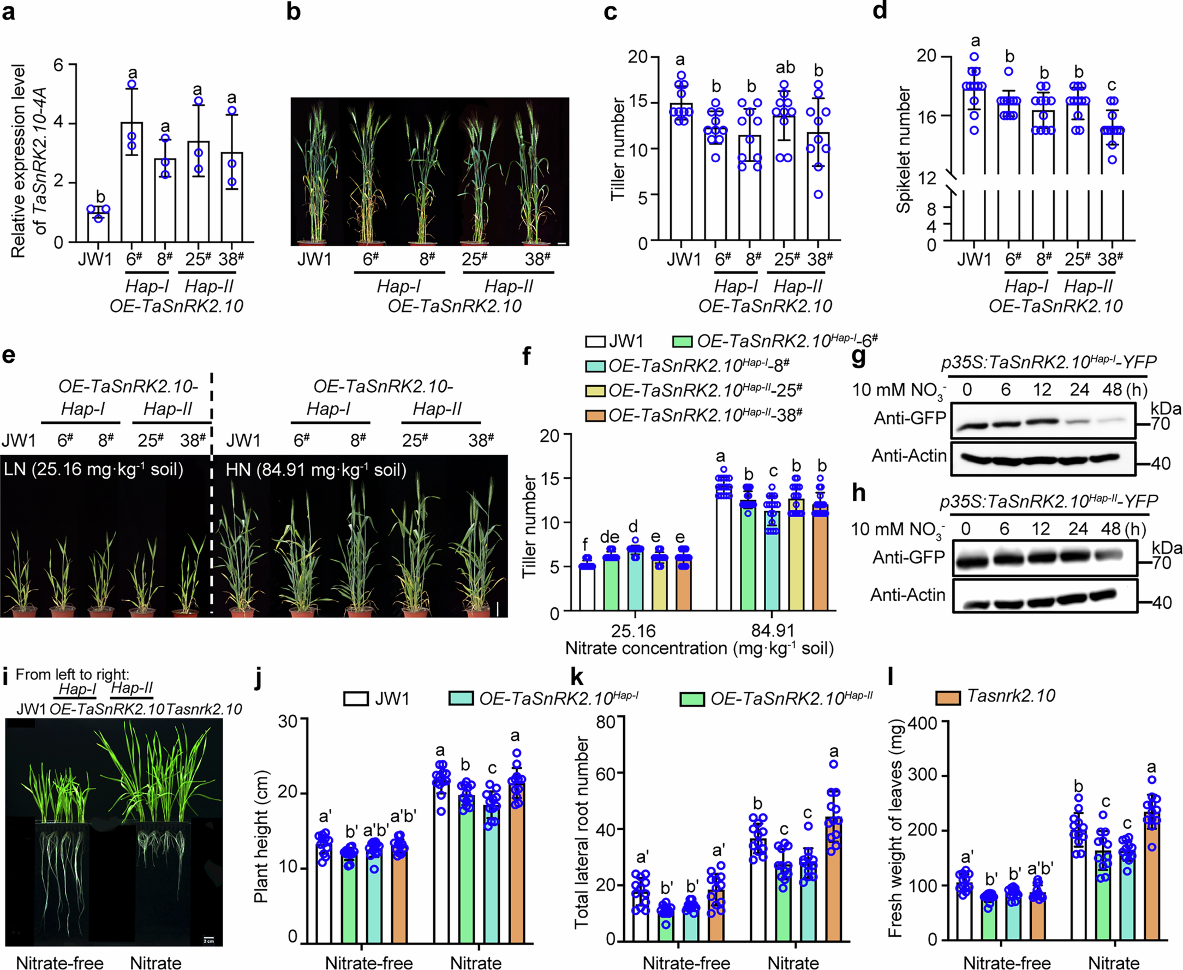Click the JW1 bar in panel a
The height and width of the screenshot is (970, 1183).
tap(98, 226)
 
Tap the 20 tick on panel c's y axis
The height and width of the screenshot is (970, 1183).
tap(637, 57)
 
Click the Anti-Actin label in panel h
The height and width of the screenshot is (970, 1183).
tap(908, 595)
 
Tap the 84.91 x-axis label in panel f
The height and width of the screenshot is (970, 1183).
tap(773, 630)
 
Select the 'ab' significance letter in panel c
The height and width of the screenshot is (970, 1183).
tap(785, 68)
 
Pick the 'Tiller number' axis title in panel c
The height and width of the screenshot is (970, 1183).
tap(617, 149)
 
